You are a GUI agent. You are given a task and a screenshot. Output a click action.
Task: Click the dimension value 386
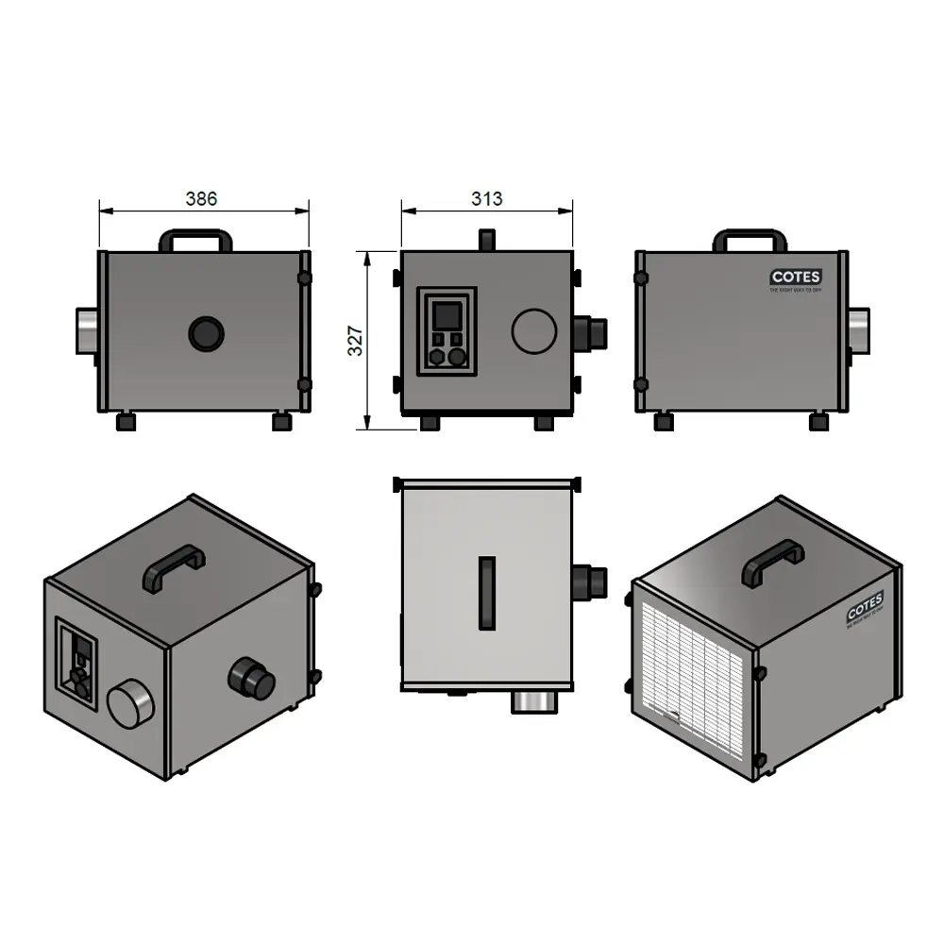click(201, 198)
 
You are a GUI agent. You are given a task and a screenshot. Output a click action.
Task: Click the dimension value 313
click(487, 198)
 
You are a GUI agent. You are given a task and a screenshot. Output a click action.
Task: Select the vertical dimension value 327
click(356, 341)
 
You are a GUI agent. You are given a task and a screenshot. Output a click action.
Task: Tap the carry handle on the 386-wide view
click(195, 239)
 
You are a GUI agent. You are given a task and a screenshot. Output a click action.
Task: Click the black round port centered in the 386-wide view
click(206, 333)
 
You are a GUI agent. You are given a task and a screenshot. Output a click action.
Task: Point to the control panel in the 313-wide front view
click(447, 331)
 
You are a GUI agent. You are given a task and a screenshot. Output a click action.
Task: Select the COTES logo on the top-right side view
click(795, 278)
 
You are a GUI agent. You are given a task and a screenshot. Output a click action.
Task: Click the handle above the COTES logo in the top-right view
click(750, 239)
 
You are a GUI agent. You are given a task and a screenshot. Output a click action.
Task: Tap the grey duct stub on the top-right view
click(859, 330)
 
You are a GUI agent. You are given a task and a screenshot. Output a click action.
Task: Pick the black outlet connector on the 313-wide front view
click(589, 332)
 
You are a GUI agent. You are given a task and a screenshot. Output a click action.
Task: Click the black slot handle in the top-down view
click(486, 593)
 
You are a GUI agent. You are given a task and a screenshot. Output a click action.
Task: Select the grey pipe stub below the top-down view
click(535, 701)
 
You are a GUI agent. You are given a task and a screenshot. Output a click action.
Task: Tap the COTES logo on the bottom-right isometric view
click(865, 606)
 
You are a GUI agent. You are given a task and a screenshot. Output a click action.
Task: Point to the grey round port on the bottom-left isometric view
click(129, 705)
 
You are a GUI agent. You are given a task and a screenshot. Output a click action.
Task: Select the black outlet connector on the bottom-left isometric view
click(252, 679)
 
